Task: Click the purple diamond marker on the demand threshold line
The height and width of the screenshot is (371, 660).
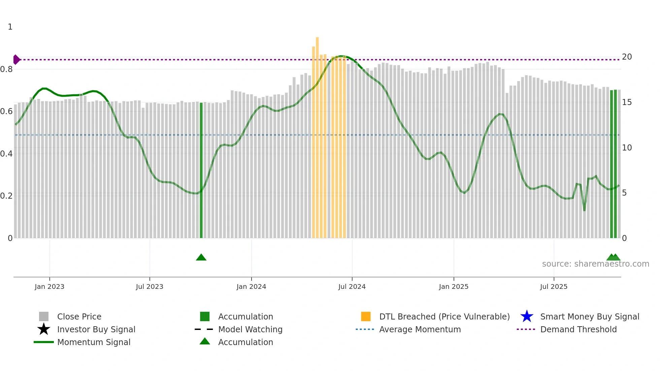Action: [16, 60]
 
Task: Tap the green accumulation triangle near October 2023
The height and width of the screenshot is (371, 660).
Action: [201, 258]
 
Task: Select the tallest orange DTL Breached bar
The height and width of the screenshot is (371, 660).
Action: [317, 135]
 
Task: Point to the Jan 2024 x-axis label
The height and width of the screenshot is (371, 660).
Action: [251, 286]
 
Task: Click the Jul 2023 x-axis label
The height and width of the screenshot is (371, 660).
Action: [150, 286]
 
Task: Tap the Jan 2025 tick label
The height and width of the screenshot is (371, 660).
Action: [454, 286]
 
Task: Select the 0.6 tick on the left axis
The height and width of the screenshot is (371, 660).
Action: [6, 111]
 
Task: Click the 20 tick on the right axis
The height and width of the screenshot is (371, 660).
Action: [627, 57]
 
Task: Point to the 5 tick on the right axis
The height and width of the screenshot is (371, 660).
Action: [624, 193]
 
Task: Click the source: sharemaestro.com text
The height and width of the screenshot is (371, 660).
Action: [595, 264]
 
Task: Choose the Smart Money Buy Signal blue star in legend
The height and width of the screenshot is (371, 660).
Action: [527, 316]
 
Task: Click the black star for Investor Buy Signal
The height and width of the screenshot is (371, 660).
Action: [44, 329]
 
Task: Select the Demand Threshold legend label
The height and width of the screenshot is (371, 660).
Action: [578, 329]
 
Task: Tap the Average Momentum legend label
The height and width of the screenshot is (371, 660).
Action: [420, 329]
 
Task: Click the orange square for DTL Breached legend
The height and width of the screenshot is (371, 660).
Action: [366, 316]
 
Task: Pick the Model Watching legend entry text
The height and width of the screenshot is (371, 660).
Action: [250, 329]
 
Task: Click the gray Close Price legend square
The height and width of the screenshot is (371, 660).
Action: [44, 316]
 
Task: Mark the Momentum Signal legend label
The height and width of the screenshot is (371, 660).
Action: [94, 342]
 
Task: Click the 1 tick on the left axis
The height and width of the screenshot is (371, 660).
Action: [10, 27]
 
